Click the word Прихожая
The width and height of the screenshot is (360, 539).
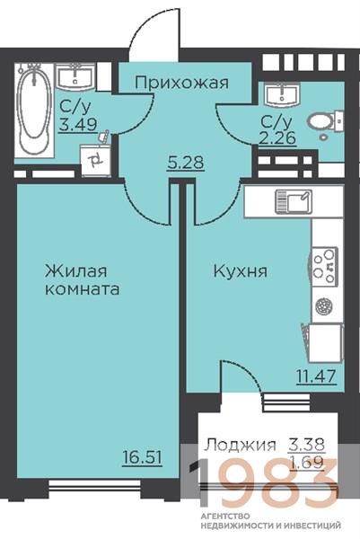coord(181,83)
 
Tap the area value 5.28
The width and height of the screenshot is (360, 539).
coord(186,163)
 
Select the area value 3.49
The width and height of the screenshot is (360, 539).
coord(77,124)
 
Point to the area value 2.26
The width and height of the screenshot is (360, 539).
coord(277,138)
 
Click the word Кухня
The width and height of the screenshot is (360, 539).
coord(241,271)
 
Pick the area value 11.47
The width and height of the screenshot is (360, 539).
coord(316,376)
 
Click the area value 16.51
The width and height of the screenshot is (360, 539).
coord(142,458)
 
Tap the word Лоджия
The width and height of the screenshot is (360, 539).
coord(240,446)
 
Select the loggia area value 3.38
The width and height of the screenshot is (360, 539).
coord(306,445)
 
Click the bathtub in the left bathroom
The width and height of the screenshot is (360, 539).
coord(34,110)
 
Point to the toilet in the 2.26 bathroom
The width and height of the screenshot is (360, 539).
coord(326,123)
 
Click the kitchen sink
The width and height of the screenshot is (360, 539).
coord(294,202)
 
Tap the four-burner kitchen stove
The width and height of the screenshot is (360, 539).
coord(324,267)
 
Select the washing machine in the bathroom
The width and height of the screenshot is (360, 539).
coord(95,160)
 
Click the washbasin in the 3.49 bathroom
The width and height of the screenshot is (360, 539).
coord(75,77)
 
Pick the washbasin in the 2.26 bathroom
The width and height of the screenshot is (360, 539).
coord(282,94)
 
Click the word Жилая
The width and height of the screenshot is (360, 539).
coord(76,271)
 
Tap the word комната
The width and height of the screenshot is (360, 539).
coord(83,289)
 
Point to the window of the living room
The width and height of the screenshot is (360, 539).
coord(94,485)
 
